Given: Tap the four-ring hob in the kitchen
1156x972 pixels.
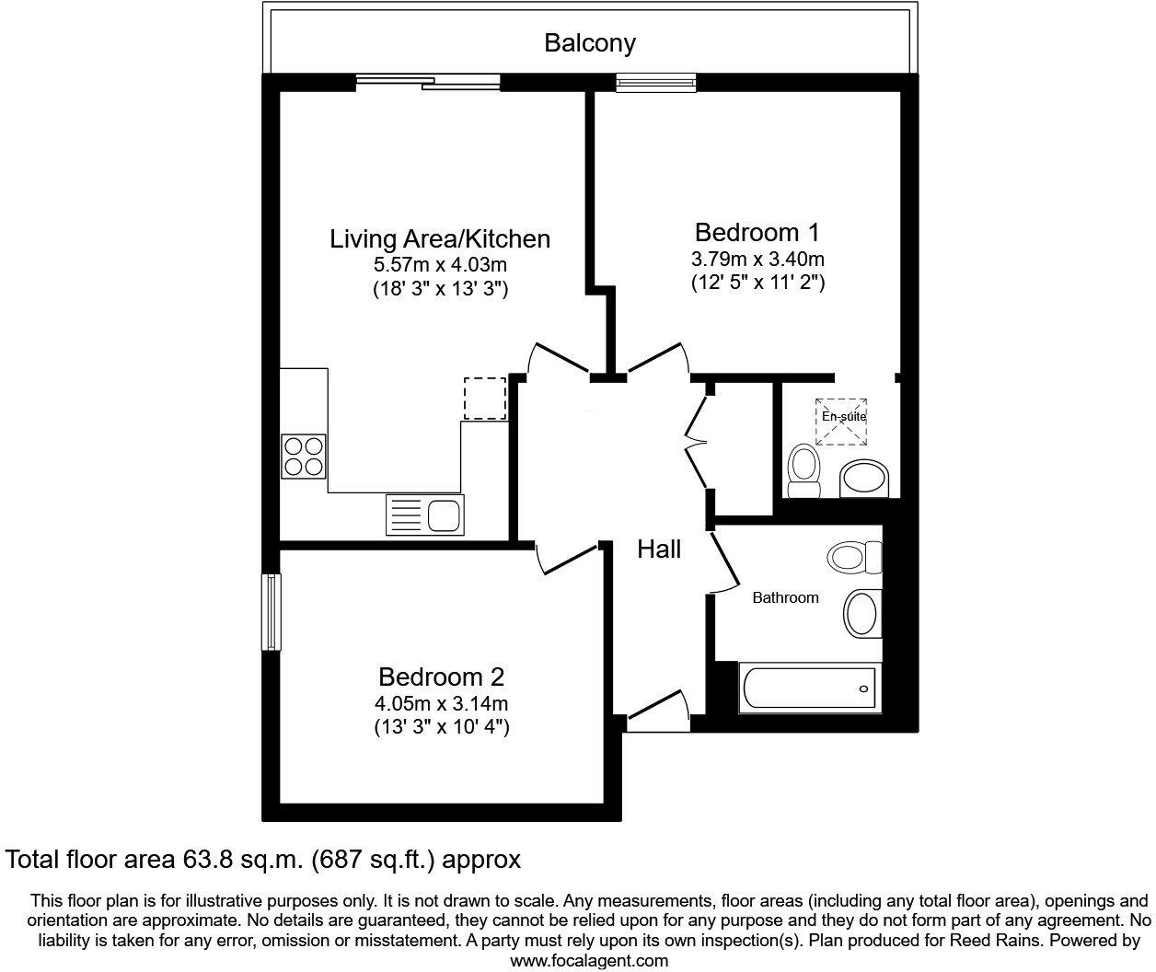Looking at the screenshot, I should click(304, 456).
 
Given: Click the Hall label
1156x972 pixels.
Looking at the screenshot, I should click(659, 550).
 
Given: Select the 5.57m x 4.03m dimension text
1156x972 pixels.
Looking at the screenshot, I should click(440, 265).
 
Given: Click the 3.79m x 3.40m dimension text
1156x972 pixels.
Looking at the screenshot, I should click(757, 259).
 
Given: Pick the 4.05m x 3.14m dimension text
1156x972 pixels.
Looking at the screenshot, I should click(442, 704).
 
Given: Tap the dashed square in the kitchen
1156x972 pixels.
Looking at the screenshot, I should click(485, 399).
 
